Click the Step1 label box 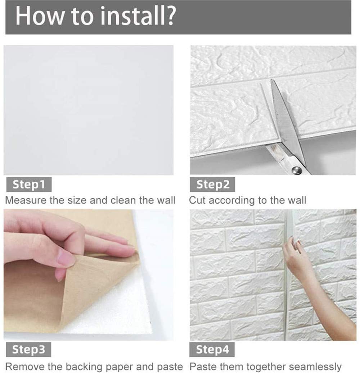click(29, 185)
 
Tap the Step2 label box click(212, 185)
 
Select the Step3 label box click(28, 350)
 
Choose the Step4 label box click(212, 350)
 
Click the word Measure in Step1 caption click(26, 200)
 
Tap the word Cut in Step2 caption click(198, 200)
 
